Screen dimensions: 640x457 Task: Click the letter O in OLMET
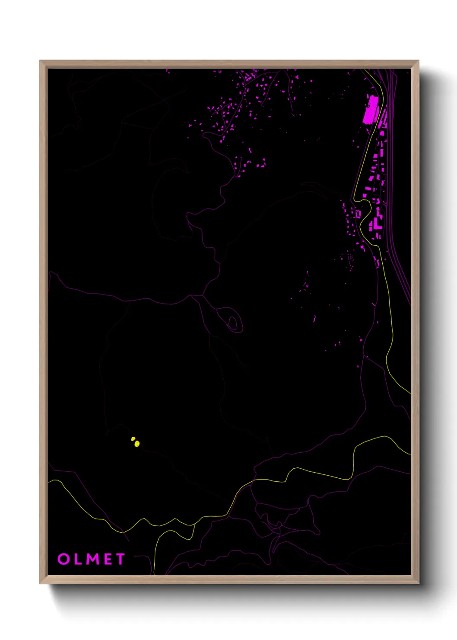pos(63,559)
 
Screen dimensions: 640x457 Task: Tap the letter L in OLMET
pos(78,559)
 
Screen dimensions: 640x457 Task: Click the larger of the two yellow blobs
pos(137,443)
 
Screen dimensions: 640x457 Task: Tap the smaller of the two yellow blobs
pos(133,439)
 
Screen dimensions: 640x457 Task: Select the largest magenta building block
pos(371,110)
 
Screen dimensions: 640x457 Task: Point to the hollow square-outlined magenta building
pos(358,214)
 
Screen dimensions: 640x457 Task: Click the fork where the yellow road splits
pos(194,523)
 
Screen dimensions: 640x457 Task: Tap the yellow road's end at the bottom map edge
pos(154,574)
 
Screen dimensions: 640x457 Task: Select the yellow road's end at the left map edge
pos(48,481)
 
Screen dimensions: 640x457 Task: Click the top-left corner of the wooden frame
pos(40,61)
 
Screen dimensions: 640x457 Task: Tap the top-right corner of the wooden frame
pos(419,61)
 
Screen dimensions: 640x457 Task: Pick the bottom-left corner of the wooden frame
pos(40,583)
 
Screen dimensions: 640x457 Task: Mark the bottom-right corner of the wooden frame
pos(419,583)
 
